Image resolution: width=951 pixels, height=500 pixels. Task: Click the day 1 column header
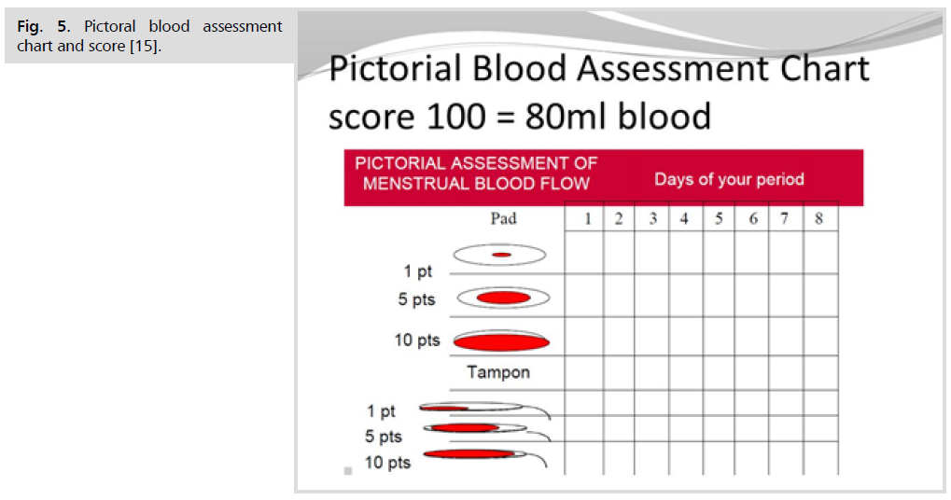point(587,218)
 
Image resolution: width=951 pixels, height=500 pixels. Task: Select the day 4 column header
point(684,218)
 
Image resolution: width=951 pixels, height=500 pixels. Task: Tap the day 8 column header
point(818,218)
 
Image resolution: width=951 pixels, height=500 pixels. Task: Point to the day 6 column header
point(752,218)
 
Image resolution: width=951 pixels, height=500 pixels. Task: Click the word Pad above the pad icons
point(503,218)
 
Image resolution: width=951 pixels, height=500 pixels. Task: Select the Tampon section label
point(498,371)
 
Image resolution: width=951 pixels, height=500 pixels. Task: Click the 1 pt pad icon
point(499,255)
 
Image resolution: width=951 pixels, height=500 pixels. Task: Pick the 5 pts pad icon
point(503,298)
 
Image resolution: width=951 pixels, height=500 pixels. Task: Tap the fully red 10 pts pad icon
point(501,341)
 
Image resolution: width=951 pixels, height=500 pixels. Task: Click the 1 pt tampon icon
point(485,409)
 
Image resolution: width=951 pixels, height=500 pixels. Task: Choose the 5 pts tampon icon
point(487,430)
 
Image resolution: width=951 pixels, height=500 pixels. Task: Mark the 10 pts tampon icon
point(485,456)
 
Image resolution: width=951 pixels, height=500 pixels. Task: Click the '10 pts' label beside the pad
point(416,340)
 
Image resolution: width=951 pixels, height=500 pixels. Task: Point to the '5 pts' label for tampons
point(384,437)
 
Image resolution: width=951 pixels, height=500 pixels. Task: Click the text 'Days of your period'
point(729,179)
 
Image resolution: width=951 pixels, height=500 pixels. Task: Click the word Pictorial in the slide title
point(395,68)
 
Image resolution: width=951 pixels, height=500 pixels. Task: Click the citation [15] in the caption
point(145,46)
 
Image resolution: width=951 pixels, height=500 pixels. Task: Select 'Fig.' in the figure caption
point(30,27)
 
